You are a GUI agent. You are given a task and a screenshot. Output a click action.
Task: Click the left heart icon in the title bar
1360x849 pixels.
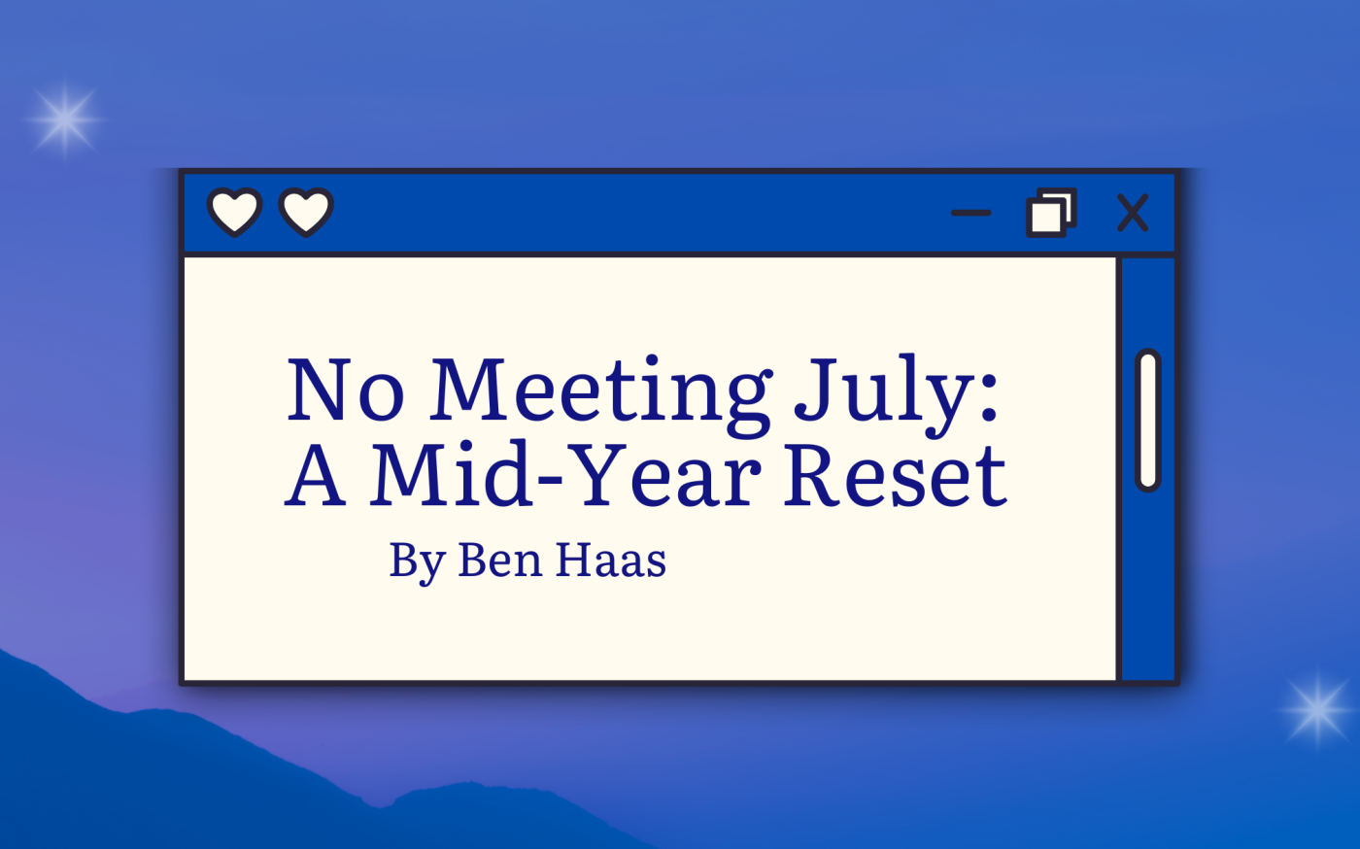pos(234,212)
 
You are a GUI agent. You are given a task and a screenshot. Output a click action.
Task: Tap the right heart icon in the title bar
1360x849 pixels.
pos(306,212)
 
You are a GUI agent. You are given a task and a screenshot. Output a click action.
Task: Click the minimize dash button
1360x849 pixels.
pos(970,213)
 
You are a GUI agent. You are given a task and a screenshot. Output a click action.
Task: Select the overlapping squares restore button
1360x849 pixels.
pos(1051,213)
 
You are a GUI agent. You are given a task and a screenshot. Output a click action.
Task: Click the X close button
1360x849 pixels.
pos(1133,213)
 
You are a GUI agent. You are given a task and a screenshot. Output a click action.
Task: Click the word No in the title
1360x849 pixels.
pos(346,390)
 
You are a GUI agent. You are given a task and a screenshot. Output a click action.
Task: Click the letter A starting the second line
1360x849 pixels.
pos(316,475)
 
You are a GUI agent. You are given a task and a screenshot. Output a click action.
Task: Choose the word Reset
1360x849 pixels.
pos(896,475)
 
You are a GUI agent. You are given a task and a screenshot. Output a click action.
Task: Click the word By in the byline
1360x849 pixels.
pos(418,561)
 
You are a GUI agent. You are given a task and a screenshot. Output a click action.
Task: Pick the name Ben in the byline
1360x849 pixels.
pos(500,559)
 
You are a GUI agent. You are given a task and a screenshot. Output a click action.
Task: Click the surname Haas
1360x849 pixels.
pos(611,559)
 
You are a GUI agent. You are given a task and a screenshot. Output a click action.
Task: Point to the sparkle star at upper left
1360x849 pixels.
pos(65,119)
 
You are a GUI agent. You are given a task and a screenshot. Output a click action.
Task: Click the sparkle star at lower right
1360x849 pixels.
pos(1317,709)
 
